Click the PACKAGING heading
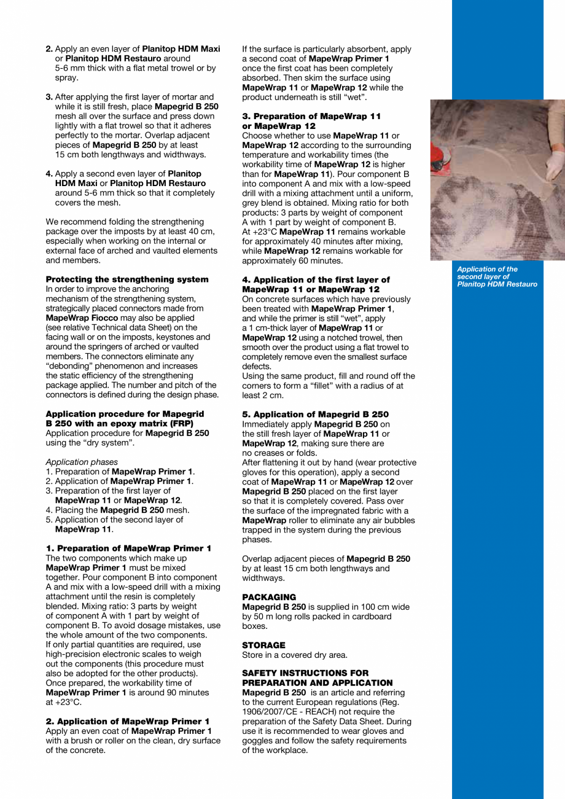pos(269,597)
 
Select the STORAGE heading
pos(263,645)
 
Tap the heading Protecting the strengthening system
pos(127,279)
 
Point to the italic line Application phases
pos(82,462)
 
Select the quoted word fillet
pos(310,386)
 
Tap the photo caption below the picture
pos(497,276)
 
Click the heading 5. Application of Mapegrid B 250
pos(315,415)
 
